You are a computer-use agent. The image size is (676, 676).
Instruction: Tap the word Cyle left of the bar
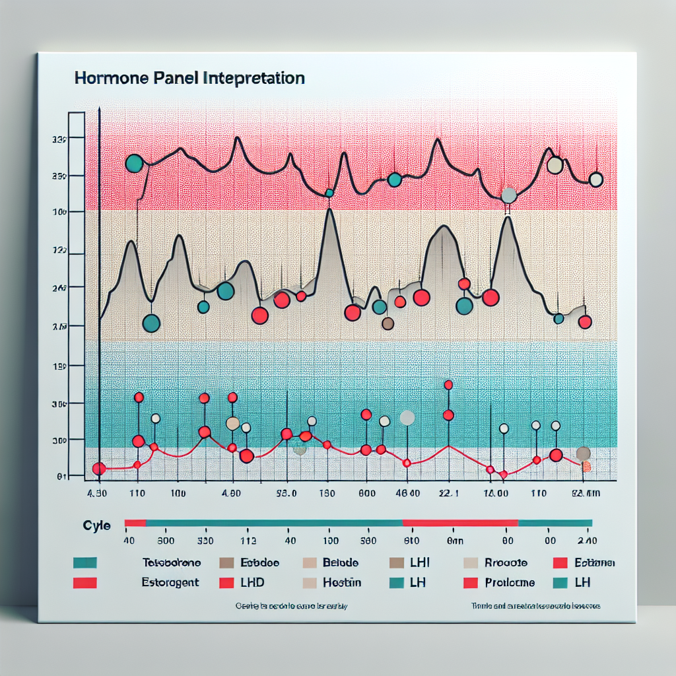tap(96, 525)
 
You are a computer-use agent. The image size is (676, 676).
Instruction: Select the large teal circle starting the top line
tap(134, 163)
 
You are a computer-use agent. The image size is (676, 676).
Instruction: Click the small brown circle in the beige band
tap(388, 323)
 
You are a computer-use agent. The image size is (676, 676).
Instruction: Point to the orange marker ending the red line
tap(586, 466)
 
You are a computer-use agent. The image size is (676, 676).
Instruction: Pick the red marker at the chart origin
tap(98, 469)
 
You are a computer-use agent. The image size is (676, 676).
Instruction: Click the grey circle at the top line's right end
tap(595, 180)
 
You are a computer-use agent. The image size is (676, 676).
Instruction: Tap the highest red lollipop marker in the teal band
tap(448, 385)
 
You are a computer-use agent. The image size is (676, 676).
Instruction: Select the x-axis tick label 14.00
tap(495, 493)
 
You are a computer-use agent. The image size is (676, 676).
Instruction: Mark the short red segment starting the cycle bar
tap(135, 523)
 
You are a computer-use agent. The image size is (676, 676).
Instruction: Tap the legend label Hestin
tap(341, 583)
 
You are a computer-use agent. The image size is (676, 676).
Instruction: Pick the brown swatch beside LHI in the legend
tap(397, 563)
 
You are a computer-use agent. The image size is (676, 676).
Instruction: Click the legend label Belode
tap(341, 563)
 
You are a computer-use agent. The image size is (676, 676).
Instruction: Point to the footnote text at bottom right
tap(535, 605)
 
